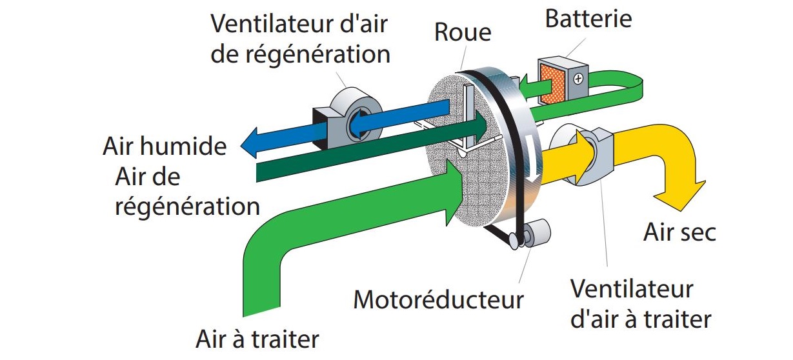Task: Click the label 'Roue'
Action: point(463,32)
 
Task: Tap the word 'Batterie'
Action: point(588,19)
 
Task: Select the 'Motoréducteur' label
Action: point(439,299)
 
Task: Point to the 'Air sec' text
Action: point(679,232)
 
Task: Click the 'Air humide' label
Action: point(165,146)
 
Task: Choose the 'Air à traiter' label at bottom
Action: point(257,339)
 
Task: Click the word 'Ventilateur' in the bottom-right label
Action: point(631,288)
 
